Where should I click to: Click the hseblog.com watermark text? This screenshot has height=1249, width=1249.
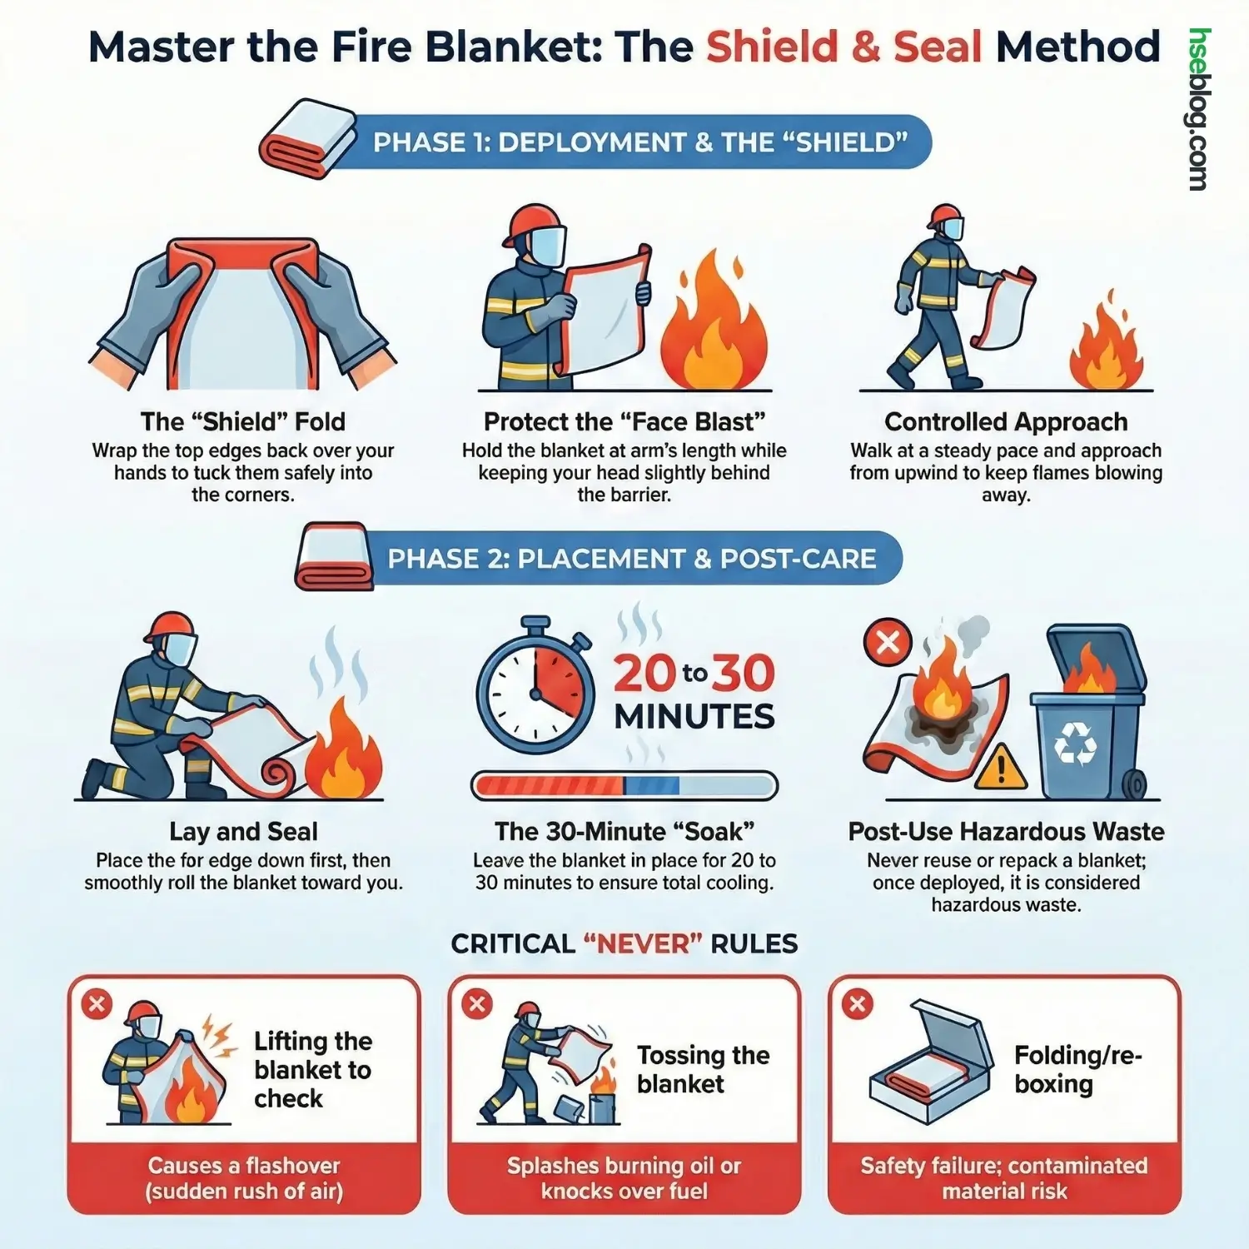coord(1199,110)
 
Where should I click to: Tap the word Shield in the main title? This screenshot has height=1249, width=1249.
coord(771,47)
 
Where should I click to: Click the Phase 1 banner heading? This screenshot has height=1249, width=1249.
coord(639,142)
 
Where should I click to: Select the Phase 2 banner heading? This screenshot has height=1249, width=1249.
coord(631,558)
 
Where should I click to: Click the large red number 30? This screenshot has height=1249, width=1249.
coord(744,674)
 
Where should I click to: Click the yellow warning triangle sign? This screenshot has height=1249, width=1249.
coord(1000,767)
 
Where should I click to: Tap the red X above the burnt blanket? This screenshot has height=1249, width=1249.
coord(888,642)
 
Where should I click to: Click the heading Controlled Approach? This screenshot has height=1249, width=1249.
coord(1006,422)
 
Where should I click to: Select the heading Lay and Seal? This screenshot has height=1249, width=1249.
coord(243,831)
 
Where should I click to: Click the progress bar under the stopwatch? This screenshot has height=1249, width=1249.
coord(624,785)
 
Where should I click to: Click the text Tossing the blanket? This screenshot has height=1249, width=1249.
coord(702,1069)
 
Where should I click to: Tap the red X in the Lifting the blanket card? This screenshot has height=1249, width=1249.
coord(97,1003)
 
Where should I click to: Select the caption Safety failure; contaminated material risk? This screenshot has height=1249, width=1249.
coord(1004,1177)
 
